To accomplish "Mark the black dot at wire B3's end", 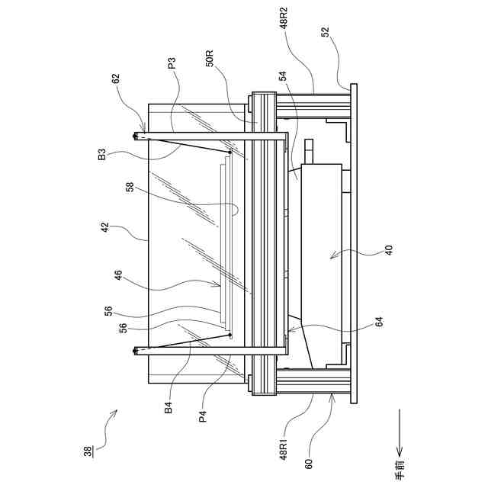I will click(x=229, y=152).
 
